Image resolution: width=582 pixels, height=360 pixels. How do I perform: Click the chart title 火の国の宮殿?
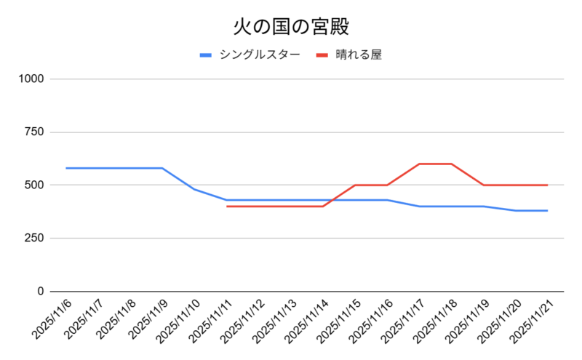tap(291, 28)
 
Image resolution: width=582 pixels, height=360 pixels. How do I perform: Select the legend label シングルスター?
tap(259, 55)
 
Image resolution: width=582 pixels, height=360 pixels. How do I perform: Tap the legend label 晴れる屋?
tap(359, 55)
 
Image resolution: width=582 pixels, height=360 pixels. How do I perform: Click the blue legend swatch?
tap(206, 55)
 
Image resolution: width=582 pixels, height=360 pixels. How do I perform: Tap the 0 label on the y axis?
tap(41, 292)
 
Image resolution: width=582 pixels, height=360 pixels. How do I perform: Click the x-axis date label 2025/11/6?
tap(52, 320)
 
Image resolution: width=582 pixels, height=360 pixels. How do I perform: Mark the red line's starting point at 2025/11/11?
tap(227, 207)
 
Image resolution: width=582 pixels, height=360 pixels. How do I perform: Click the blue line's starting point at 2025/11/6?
tap(66, 168)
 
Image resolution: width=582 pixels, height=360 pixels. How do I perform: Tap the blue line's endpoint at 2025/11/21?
tap(547, 211)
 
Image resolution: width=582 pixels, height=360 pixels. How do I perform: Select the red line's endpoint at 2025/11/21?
tap(547, 185)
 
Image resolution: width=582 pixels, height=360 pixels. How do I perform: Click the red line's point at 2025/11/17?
tap(419, 164)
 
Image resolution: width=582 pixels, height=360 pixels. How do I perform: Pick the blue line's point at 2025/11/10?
tap(194, 189)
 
